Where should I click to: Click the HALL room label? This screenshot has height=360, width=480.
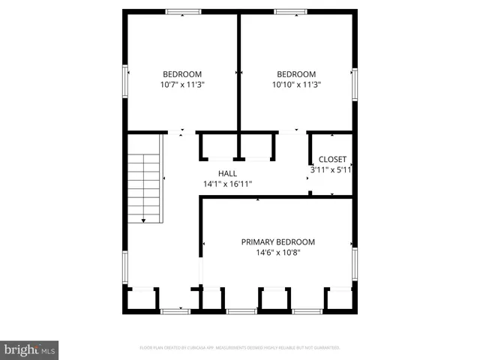pos(227,173)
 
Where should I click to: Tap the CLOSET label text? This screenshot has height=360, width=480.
pos(332,159)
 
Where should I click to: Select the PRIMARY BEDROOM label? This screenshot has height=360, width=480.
pos(277,241)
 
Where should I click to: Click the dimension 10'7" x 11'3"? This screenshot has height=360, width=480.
pos(182,85)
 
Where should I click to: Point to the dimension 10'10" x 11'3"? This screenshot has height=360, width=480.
pos(296,85)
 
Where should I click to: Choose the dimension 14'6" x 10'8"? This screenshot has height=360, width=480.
pos(277,252)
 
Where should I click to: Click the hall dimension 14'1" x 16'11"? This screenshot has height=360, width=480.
pos(227,184)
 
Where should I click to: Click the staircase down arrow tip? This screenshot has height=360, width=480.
pos(143,221)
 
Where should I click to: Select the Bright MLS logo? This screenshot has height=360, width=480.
pos(30,349)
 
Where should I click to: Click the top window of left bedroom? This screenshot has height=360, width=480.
pos(183,11)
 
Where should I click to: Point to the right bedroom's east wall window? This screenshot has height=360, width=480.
pos(355,82)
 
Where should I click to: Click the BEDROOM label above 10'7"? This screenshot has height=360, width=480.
pos(182,73)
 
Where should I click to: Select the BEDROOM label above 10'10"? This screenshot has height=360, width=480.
pos(296,73)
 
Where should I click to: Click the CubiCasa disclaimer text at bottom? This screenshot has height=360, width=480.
pos(240,347)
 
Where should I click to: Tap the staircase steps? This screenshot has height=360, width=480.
pos(144,184)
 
